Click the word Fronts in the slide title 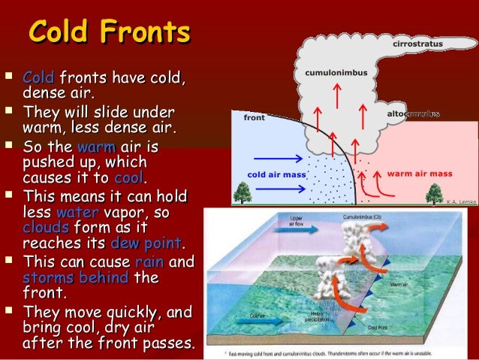(x=147, y=33)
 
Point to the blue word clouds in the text (x=46, y=228)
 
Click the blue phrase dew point (x=146, y=244)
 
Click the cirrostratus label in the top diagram (x=418, y=44)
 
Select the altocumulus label (x=412, y=113)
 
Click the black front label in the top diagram (x=254, y=118)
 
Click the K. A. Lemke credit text (x=459, y=201)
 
